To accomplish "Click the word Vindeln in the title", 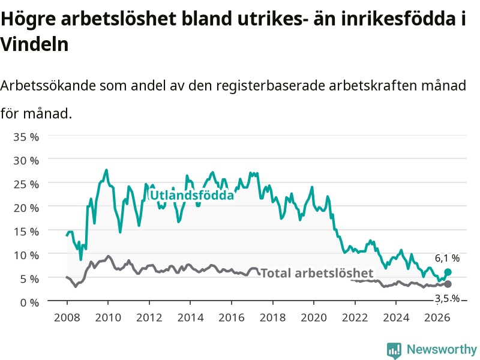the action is pyautogui.click(x=34, y=44).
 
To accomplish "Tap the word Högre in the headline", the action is pyautogui.click(x=28, y=20).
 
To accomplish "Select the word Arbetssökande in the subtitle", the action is pyautogui.click(x=48, y=85).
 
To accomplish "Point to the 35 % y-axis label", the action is pyautogui.click(x=26, y=137).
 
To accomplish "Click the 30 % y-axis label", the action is pyautogui.click(x=26, y=160).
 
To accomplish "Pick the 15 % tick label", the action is pyautogui.click(x=26, y=232).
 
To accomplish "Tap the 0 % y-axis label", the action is pyautogui.click(x=29, y=303).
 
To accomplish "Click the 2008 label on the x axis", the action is pyautogui.click(x=67, y=317).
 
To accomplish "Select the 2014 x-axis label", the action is pyautogui.click(x=190, y=317).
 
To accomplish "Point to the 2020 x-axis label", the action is pyautogui.click(x=314, y=317).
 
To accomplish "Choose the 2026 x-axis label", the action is pyautogui.click(x=437, y=317).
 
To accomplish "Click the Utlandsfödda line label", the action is pyautogui.click(x=192, y=195).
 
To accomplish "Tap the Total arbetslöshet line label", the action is pyautogui.click(x=317, y=273).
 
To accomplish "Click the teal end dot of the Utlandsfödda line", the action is pyautogui.click(x=448, y=272).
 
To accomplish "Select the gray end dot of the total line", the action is pyautogui.click(x=448, y=284).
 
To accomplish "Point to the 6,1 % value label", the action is pyautogui.click(x=447, y=259).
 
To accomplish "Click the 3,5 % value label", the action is pyautogui.click(x=447, y=298).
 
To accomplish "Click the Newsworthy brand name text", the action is pyautogui.click(x=442, y=349).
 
